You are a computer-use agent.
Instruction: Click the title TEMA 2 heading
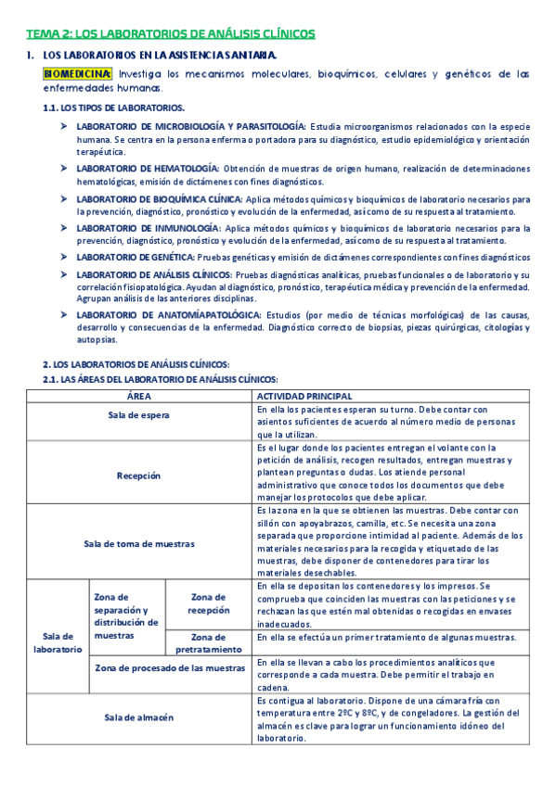pos(170,34)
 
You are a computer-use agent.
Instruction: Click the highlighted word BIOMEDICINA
pos(78,74)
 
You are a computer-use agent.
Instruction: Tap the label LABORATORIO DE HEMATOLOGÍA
pos(148,169)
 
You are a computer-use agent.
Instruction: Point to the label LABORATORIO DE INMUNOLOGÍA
pos(149,227)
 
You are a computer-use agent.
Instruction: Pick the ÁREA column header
pos(137,396)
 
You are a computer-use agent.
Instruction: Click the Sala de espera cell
pos(137,415)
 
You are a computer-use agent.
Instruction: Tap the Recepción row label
pos(137,475)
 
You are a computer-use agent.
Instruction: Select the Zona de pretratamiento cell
pos(208,643)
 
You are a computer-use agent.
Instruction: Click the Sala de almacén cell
pos(137,718)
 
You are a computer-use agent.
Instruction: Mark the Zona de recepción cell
pos(208,603)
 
